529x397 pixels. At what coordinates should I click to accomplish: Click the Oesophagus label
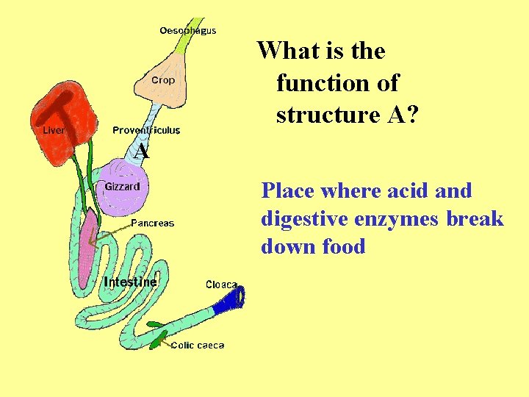pyautogui.click(x=187, y=31)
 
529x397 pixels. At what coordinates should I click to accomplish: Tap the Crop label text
pyautogui.click(x=163, y=80)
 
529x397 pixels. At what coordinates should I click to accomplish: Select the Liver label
pyautogui.click(x=54, y=130)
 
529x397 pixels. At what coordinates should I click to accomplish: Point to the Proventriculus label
pyautogui.click(x=146, y=130)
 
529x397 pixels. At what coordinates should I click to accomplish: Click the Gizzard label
pyautogui.click(x=122, y=186)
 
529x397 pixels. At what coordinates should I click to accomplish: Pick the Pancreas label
pyautogui.click(x=152, y=223)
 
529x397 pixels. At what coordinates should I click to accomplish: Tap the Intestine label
pyautogui.click(x=130, y=282)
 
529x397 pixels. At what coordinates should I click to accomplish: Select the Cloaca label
pyautogui.click(x=221, y=285)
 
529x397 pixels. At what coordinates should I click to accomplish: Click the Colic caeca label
pyautogui.click(x=198, y=345)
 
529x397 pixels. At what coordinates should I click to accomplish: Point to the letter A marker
pyautogui.click(x=142, y=152)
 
